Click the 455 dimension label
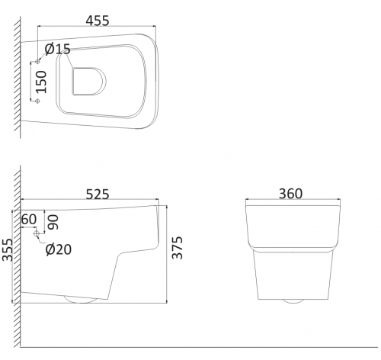click(98, 21)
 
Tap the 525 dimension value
click(98, 194)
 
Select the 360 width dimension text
click(290, 194)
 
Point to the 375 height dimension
click(178, 248)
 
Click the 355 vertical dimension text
click(7, 249)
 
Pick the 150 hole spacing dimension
click(41, 82)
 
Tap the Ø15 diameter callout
click(57, 49)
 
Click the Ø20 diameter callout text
click(59, 249)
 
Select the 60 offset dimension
click(29, 220)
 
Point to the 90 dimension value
click(53, 222)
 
